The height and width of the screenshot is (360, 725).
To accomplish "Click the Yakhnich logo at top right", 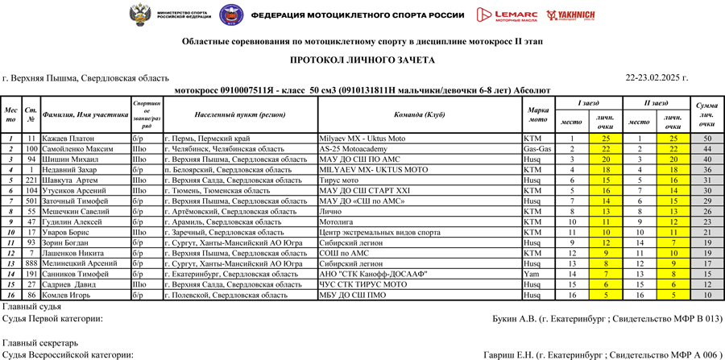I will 570,14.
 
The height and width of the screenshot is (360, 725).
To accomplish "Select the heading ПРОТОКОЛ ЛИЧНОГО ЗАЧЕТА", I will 362,60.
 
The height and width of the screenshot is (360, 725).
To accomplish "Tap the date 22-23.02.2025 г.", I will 657,78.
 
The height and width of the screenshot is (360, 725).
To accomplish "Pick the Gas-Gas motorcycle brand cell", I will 537,149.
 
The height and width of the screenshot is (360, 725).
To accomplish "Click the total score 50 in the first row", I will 706,139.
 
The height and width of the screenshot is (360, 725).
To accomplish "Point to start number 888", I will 31,264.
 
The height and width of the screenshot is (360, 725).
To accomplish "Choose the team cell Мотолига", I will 336,222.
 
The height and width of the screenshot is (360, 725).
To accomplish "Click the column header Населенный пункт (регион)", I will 240,114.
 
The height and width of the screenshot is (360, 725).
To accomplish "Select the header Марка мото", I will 537,114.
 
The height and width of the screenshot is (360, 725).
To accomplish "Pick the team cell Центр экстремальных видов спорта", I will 380,233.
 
